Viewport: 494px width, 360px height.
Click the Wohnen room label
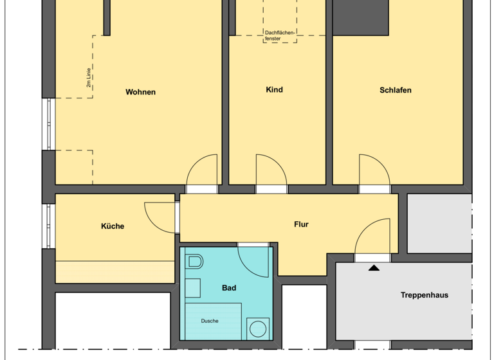tap(140, 92)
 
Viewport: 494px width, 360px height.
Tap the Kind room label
tap(274, 90)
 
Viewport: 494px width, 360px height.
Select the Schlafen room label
tap(395, 90)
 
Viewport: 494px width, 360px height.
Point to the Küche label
tap(113, 226)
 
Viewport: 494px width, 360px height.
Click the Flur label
tap(301, 224)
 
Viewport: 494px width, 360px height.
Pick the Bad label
tap(229, 288)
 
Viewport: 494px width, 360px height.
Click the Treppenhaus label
tap(424, 295)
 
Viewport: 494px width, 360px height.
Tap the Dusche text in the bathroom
tap(209, 321)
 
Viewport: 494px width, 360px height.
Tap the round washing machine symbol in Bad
tap(258, 329)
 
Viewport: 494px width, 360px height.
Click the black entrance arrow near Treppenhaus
tap(374, 267)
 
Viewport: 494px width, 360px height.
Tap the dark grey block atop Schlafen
tap(361, 17)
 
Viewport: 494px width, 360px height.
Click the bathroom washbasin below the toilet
tap(192, 288)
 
